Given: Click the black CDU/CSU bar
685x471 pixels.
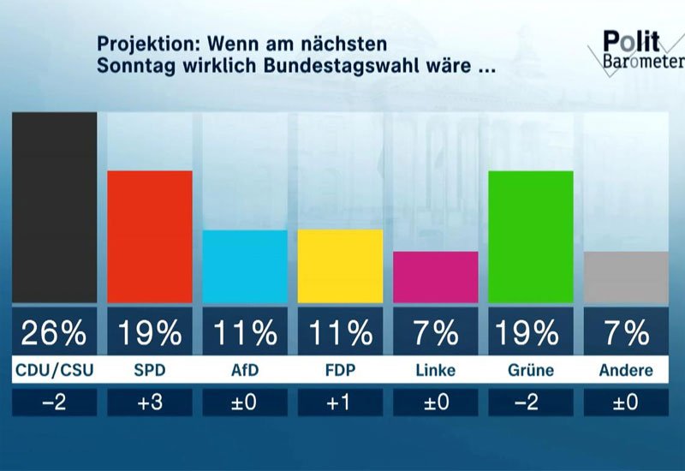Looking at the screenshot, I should tap(54, 207).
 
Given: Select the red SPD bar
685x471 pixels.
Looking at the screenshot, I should tap(149, 236).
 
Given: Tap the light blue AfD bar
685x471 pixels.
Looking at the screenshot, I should tap(245, 266).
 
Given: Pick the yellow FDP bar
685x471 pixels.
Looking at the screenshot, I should tap(340, 265).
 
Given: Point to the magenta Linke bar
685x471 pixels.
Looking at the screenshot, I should tap(435, 277).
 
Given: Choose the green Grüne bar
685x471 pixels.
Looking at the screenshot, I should tap(530, 236).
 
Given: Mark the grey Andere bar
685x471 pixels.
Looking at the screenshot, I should tap(625, 277).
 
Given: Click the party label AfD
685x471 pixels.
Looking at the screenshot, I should tap(245, 371).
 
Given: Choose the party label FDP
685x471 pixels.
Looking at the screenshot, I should tap(340, 371).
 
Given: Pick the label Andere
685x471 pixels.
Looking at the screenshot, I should tap(625, 371).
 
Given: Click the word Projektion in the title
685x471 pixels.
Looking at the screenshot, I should tap(140, 44).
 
